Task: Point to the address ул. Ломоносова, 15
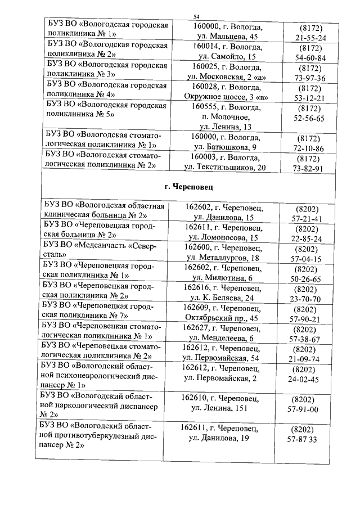[x=222, y=238]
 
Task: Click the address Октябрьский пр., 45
[x=222, y=319]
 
